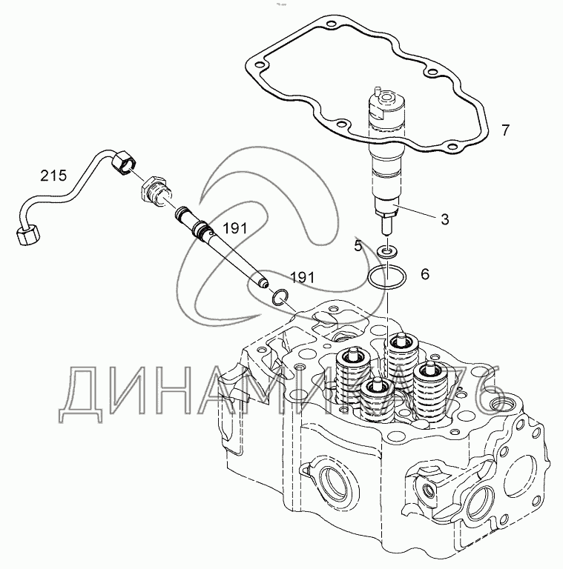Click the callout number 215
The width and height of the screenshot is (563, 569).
[x=53, y=176]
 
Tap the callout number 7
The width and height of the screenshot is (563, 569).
[x=505, y=130]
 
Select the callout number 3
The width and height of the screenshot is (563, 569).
[x=444, y=219]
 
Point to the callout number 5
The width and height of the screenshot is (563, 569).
[x=358, y=247]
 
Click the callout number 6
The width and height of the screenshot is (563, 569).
[x=425, y=274]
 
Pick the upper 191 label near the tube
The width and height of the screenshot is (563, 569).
[x=234, y=229]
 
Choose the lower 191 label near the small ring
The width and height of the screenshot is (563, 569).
[x=302, y=278]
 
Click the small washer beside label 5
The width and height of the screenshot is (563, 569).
[x=387, y=250]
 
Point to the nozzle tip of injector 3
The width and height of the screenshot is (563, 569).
[x=387, y=229]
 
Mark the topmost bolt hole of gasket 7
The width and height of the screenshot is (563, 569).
[x=331, y=25]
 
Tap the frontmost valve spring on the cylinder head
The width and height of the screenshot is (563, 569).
[x=377, y=400]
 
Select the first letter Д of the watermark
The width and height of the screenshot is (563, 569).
[x=81, y=396]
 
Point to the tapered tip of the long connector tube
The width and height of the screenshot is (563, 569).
[x=263, y=282]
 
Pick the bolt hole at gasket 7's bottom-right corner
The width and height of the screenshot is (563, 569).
[x=452, y=147]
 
